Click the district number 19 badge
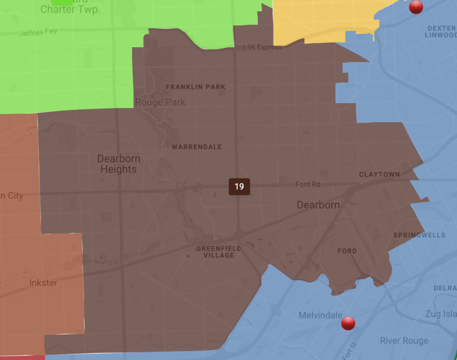239,186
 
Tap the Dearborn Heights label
119,164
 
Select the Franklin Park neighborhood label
195,87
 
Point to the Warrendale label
197,147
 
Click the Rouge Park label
160,102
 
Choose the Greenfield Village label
219,252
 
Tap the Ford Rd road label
308,184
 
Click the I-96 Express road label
262,47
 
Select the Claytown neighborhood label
379,174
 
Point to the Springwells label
419,235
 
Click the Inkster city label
43,283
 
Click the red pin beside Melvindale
348,323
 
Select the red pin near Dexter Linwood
416,6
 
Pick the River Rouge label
404,341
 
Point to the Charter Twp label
69,9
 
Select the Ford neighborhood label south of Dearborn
347,251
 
